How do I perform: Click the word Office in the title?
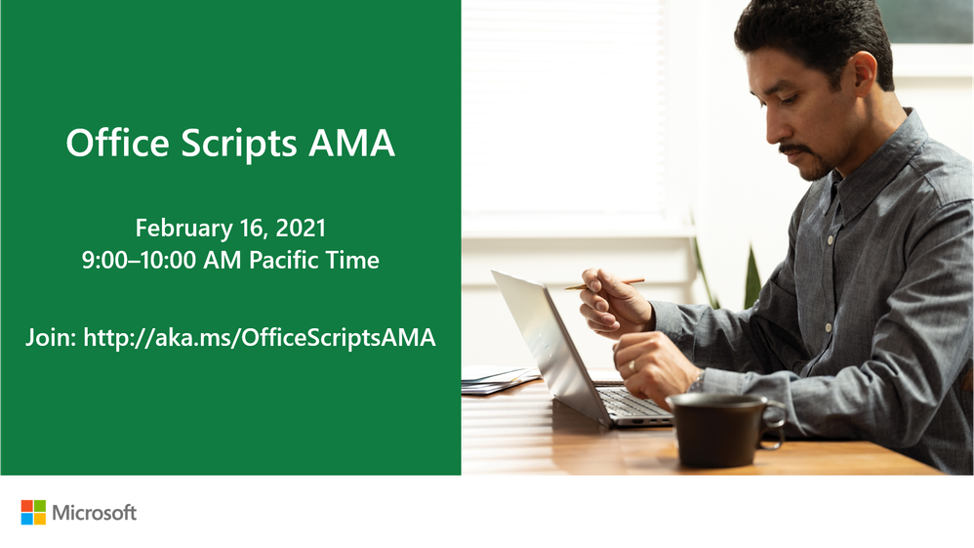117,143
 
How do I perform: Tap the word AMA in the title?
351,143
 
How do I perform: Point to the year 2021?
301,228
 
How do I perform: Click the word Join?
51,337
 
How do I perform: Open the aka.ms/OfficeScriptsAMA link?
260,337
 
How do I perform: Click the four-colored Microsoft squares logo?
33,513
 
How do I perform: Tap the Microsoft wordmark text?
95,513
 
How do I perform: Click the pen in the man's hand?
604,284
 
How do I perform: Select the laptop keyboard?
632,402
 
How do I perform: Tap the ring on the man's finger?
631,366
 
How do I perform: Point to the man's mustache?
795,149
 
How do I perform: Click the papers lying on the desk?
498,379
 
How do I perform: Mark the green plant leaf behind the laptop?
752,278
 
